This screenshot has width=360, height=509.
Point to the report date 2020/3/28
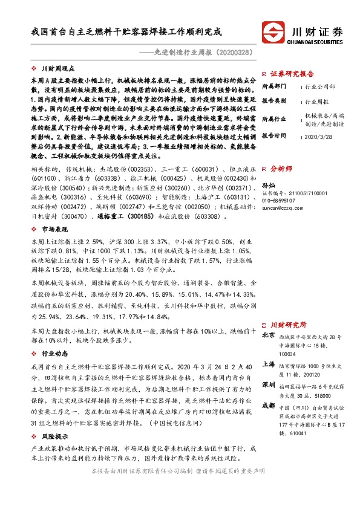(x=320, y=137)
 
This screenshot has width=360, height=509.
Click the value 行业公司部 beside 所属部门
(x=320, y=86)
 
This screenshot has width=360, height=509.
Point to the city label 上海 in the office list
(x=268, y=365)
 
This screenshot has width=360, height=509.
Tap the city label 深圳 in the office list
(x=268, y=384)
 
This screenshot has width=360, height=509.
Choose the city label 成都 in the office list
(x=268, y=404)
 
